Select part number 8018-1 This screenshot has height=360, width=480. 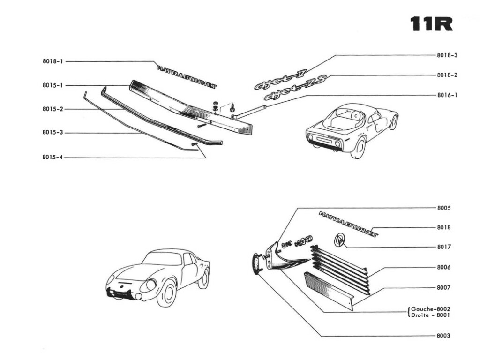coord(52,61)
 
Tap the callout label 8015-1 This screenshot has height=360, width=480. coord(52,85)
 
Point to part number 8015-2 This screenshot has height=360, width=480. coord(52,109)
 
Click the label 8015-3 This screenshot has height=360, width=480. coord(52,133)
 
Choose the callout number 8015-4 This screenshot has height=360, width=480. coord(52,158)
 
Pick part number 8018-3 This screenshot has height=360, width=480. coord(447,55)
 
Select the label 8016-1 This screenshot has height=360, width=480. coord(447,95)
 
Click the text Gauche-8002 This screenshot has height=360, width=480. coord(431,309)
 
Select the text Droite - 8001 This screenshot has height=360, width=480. coord(431,315)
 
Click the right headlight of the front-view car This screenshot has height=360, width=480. coord(151,285)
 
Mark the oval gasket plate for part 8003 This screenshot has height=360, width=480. coord(255,263)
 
